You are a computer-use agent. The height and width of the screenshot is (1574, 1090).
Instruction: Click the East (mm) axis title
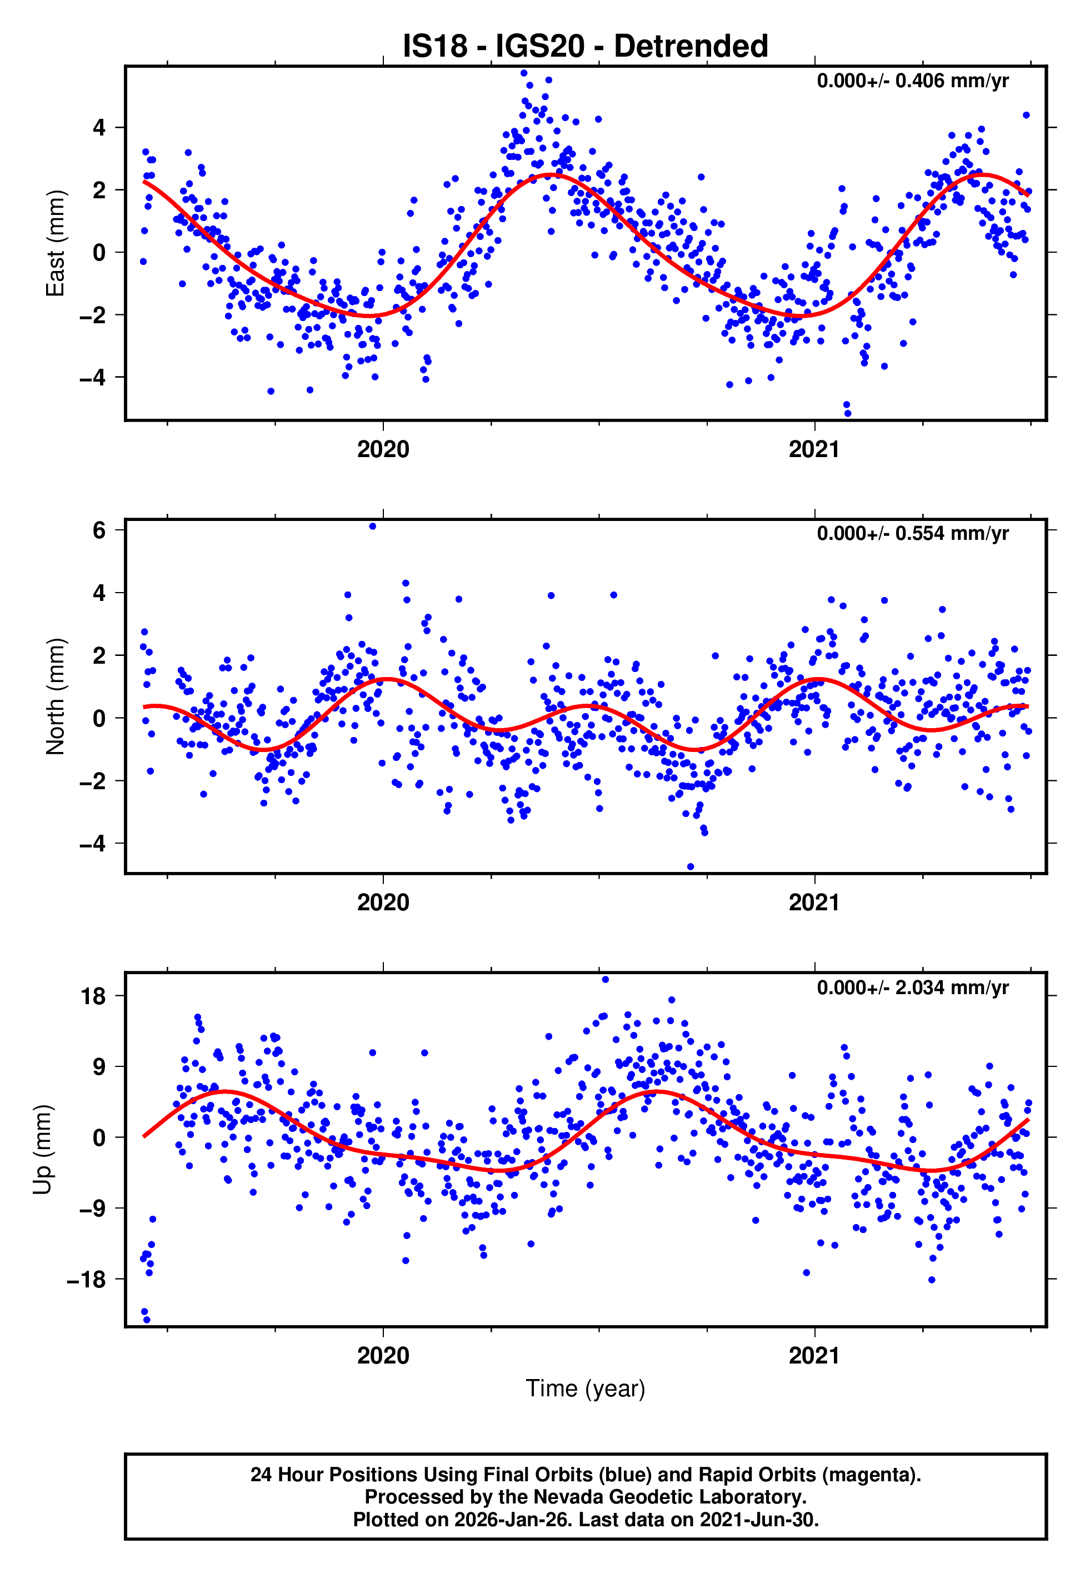tap(54, 244)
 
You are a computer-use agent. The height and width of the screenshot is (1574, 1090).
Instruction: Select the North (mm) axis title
tap(54, 696)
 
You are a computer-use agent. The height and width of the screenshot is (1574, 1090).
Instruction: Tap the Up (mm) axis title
tap(42, 1150)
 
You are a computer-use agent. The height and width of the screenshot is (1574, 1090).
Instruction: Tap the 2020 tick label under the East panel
tap(383, 450)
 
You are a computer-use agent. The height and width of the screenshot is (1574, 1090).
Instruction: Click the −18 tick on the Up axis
tap(86, 1280)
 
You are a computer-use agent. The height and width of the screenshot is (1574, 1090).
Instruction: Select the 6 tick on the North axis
tap(99, 530)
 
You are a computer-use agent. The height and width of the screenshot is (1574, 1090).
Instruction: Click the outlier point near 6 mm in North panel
tap(372, 527)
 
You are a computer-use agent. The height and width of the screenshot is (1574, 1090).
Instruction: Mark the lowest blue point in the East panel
tap(848, 414)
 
